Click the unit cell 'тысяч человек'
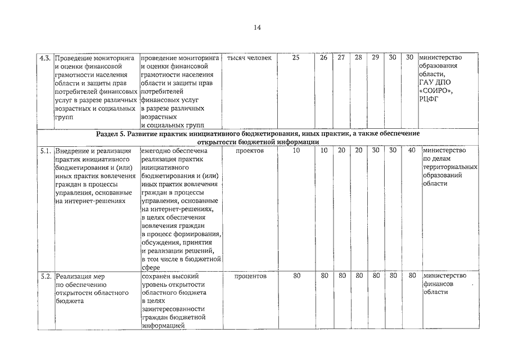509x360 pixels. (x=249, y=58)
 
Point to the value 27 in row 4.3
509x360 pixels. (x=341, y=58)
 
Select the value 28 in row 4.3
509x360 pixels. (x=358, y=58)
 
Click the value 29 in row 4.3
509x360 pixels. (x=376, y=58)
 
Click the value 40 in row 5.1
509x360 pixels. (x=411, y=151)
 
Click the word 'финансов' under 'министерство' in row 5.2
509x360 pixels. (x=439, y=285)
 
